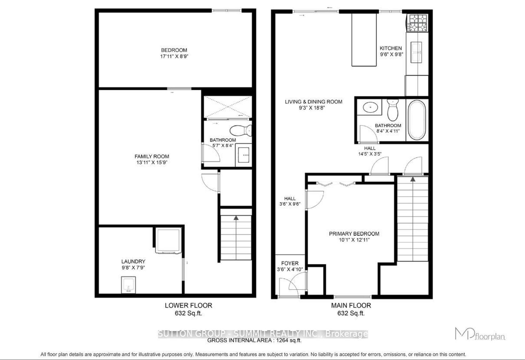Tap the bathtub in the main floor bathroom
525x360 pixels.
coord(417,120)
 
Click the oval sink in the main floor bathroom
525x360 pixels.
coord(370,107)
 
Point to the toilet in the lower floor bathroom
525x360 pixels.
coord(241,130)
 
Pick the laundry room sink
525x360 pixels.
coord(128,285)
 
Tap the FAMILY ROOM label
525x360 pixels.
coord(152,156)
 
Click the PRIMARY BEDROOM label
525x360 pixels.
coord(354,234)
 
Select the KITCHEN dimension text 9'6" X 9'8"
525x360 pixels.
coord(391,54)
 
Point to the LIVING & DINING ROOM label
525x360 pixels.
coord(314,102)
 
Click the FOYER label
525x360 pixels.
coord(290,263)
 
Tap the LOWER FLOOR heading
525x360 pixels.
coord(188,305)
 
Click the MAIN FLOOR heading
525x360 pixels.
coord(351,305)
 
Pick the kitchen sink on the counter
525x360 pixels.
coord(416,53)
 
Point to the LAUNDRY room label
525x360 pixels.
coord(133,261)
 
